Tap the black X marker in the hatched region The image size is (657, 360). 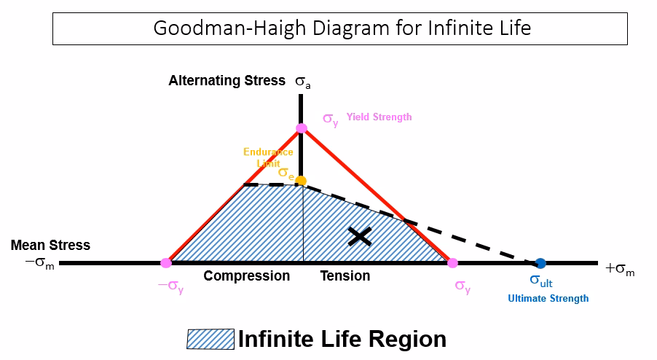[x=359, y=235]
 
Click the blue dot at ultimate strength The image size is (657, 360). [x=540, y=263]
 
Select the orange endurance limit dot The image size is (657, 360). [x=301, y=180]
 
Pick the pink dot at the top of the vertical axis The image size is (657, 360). [x=302, y=128]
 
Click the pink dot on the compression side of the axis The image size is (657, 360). [x=166, y=263]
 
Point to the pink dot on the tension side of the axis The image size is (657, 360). [x=452, y=263]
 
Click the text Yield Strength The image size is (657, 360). [x=379, y=117]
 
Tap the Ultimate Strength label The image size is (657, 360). [x=548, y=298]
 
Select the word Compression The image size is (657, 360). [x=246, y=276]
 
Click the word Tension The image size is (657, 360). [x=345, y=276]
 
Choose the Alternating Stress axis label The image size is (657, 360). [x=227, y=81]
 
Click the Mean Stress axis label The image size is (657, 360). [x=50, y=246]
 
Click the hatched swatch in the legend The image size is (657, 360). [x=211, y=340]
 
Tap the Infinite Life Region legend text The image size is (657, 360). [x=342, y=340]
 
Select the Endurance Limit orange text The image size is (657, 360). [x=268, y=157]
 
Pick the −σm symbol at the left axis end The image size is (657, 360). [x=40, y=263]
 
